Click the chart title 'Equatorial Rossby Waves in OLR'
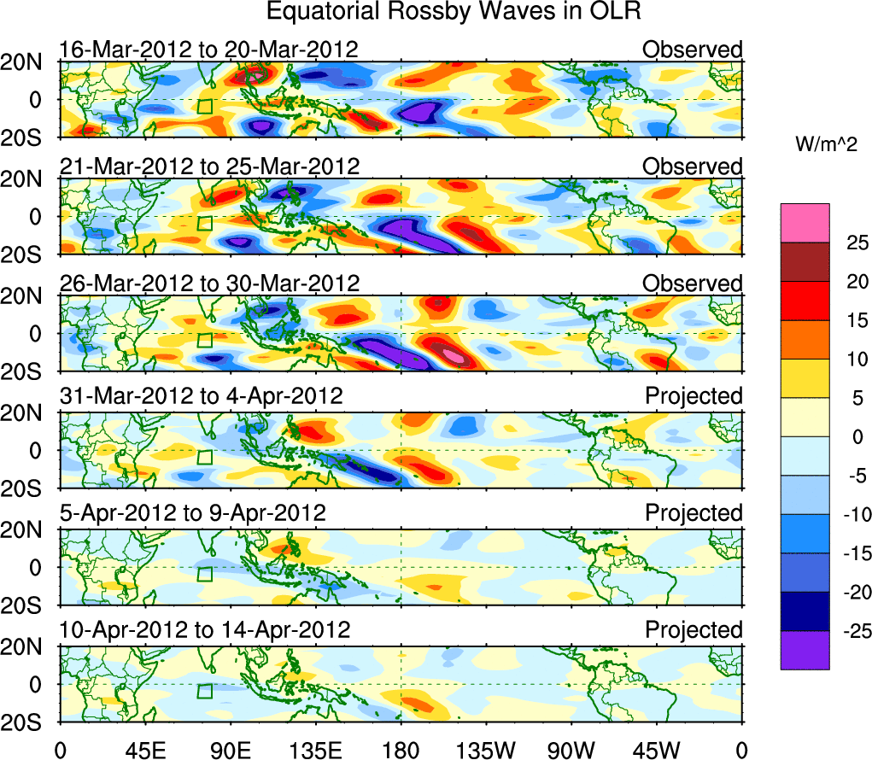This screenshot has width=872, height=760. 454,13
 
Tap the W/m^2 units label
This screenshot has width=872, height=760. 826,145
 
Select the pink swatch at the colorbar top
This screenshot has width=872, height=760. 804,223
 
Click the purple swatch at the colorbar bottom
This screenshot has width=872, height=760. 804,650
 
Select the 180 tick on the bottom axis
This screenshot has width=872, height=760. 401,750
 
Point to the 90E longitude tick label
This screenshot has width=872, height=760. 230,750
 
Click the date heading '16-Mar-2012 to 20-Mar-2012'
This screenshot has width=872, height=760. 208,50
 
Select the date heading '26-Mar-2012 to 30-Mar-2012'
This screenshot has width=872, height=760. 209,283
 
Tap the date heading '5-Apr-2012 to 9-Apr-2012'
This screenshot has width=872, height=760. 192,513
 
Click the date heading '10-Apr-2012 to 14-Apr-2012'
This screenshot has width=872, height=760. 205,630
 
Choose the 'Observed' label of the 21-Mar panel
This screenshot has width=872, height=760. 693,167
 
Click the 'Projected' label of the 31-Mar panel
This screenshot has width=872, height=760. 694,396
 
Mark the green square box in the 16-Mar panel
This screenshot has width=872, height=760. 204,107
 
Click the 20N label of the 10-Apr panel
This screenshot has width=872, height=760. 29,646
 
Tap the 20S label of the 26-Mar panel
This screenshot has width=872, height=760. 29,371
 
